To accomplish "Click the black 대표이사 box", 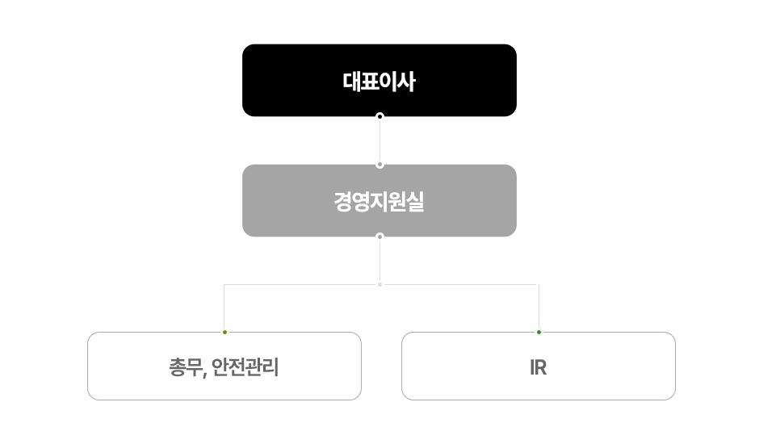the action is pos(379,81).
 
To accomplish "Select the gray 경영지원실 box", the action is pos(379,200).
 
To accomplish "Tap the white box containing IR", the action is pos(539,366).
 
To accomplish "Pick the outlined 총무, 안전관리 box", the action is pos(224,366).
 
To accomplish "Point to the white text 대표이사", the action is pos(379,82).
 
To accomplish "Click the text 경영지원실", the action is pos(379,202).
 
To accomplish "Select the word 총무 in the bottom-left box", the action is pos(186,367).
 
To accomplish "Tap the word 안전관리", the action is pos(245,367).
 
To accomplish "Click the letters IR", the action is pos(539,367).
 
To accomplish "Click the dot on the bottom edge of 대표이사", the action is pos(380,116).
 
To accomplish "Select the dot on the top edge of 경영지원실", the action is pos(380,165).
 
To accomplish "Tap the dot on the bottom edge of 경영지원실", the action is pos(380,237).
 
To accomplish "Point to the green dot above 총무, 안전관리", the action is pos(224,332).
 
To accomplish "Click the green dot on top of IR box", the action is pos(539,332).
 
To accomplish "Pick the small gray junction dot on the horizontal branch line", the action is pos(380,284).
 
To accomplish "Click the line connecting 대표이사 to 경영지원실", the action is pos(380,140).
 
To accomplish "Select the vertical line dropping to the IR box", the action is pos(539,307).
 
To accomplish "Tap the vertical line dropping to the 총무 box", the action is pos(224,307).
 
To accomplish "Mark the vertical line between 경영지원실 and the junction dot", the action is pos(380,261).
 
